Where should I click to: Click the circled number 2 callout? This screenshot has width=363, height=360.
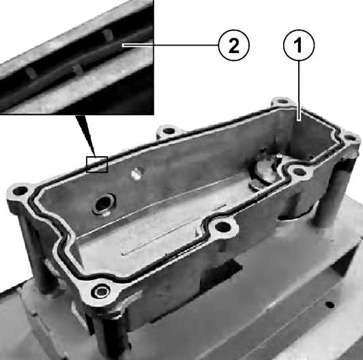(234, 45)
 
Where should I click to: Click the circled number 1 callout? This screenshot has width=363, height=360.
(299, 45)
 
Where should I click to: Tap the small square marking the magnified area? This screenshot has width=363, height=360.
(97, 164)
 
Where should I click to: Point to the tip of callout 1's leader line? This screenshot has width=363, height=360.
(299, 120)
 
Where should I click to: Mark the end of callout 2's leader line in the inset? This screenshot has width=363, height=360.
(123, 46)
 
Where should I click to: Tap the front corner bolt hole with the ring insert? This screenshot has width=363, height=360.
(101, 291)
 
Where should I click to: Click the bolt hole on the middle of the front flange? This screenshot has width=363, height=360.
(223, 227)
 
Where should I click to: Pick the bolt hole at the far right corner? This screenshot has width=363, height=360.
(350, 139)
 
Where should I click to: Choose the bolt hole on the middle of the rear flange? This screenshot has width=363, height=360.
(169, 131)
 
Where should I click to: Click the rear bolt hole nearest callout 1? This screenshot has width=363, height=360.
(282, 102)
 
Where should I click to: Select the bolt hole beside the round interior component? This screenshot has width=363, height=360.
(299, 172)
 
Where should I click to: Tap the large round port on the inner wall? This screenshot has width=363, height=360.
(103, 204)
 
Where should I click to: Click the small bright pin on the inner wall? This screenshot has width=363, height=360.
(136, 174)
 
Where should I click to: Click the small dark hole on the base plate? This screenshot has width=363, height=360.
(330, 305)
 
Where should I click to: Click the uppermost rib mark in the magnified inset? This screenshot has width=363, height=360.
(108, 34)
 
